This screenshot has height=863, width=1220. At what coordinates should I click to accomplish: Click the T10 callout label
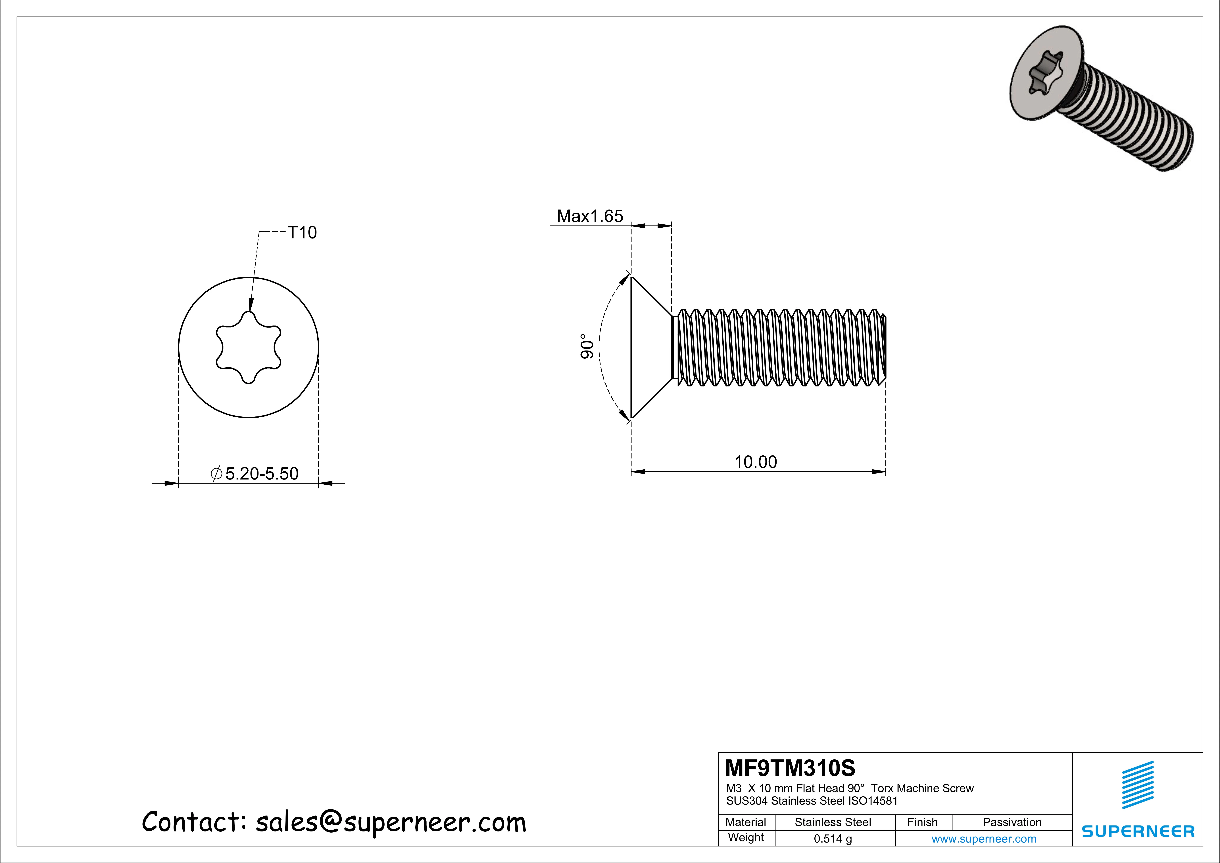(x=302, y=233)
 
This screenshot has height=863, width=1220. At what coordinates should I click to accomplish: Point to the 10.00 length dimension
(x=755, y=462)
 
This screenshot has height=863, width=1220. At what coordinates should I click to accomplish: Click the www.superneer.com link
(x=984, y=839)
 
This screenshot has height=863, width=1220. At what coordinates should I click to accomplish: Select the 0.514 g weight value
(x=833, y=839)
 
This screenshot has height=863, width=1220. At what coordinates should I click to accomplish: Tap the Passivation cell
(x=1012, y=822)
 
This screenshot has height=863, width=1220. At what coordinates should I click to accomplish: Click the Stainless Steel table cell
(x=833, y=822)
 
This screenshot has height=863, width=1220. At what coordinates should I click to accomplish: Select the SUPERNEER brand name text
(x=1138, y=831)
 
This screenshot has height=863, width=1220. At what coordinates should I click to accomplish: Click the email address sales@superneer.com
(x=391, y=822)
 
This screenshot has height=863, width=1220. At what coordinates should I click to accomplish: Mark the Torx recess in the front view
(x=248, y=347)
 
